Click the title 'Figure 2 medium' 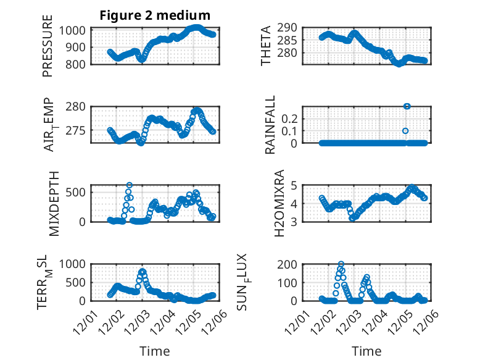click(155, 15)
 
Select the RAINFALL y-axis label click(270, 125)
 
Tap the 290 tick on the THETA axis click(289, 28)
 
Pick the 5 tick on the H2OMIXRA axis click(294, 185)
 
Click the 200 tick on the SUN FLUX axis click(289, 264)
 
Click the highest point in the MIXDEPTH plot click(130, 185)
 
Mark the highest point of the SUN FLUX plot click(341, 264)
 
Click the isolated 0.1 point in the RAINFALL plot click(405, 131)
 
